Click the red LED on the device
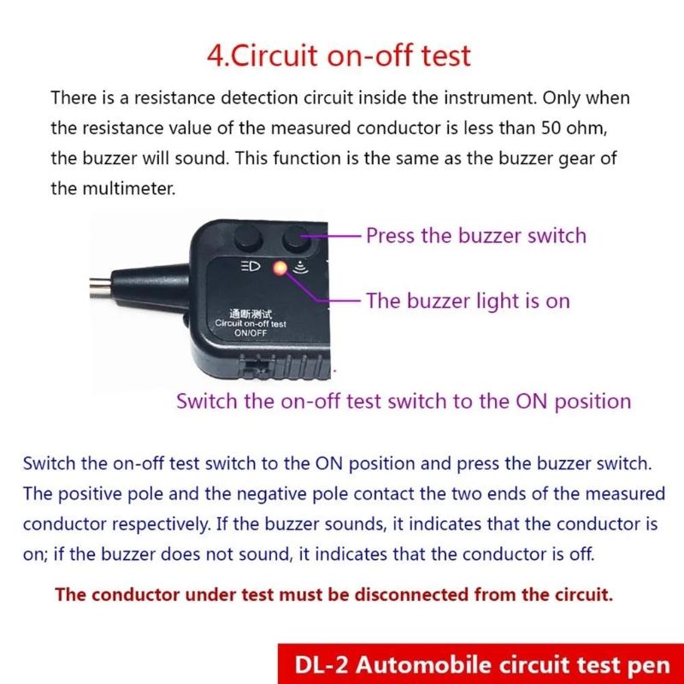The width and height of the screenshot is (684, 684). [x=278, y=268]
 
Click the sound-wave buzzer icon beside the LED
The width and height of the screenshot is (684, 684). [x=299, y=268]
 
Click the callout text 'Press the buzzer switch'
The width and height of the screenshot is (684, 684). [x=476, y=235]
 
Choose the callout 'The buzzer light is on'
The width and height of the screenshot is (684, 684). [x=468, y=301]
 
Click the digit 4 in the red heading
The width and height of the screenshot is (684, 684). [x=215, y=56]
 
